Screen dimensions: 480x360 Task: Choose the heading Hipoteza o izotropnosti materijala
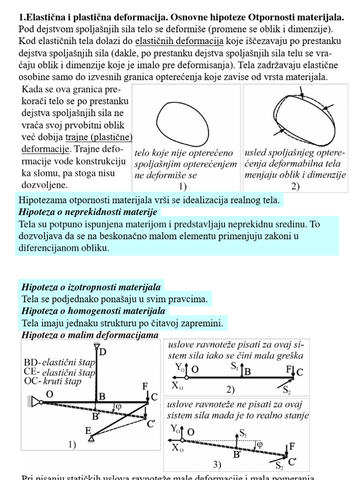point(91,287)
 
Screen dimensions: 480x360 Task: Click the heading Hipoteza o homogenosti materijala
point(93,311)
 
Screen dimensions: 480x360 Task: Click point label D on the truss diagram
point(103,352)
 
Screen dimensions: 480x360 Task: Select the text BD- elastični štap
point(59,362)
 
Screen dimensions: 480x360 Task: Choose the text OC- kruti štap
point(52,381)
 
